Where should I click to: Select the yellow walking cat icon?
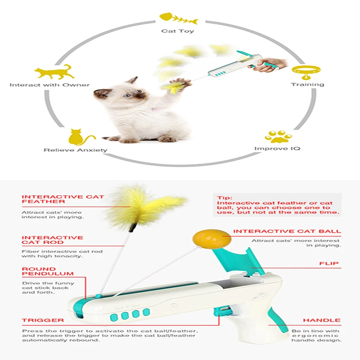pyautogui.click(x=54, y=72)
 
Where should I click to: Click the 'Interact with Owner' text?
pyautogui.click(x=49, y=85)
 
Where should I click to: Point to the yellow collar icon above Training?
pyautogui.click(x=306, y=71)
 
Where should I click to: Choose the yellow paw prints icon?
pyautogui.click(x=278, y=136)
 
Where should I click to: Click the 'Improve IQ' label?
pyautogui.click(x=277, y=148)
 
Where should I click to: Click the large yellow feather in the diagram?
pyautogui.click(x=144, y=205)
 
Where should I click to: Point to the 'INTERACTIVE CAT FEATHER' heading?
pyautogui.click(x=63, y=199)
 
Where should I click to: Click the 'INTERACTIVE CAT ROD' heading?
pyautogui.click(x=52, y=240)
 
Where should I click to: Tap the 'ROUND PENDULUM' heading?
pyautogui.click(x=47, y=271)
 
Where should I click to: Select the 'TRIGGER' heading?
pyautogui.click(x=43, y=320)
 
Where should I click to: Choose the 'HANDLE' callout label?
pyautogui.click(x=321, y=320)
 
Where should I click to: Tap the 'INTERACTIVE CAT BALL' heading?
pyautogui.click(x=287, y=231)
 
